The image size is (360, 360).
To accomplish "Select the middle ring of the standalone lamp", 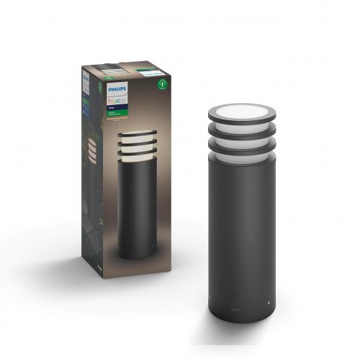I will (241, 131).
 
